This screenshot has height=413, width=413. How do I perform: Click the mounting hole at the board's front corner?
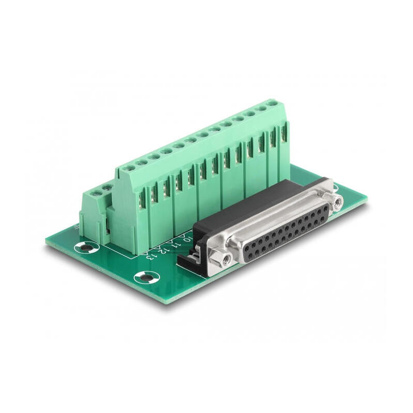145,278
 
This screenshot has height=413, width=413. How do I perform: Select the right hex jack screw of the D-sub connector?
338,202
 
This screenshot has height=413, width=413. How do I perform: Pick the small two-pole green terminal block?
94,212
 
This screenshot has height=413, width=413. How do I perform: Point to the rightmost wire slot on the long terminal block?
283,134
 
